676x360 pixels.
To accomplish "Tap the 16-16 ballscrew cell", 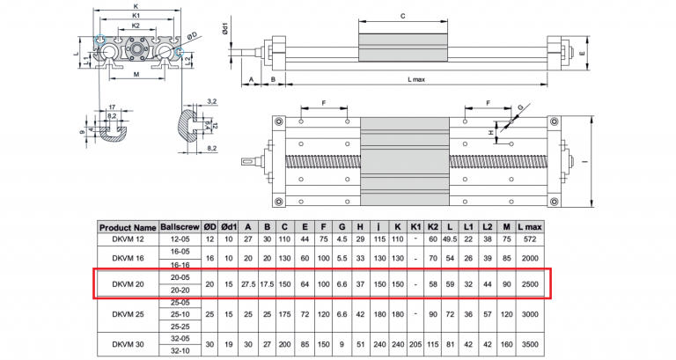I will tap(180, 264).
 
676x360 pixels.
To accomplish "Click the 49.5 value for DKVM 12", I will tap(451, 239).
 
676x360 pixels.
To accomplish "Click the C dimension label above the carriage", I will tap(402, 16).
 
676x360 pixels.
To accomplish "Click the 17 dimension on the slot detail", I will tap(109, 106).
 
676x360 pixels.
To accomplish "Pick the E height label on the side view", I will tap(584, 53).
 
